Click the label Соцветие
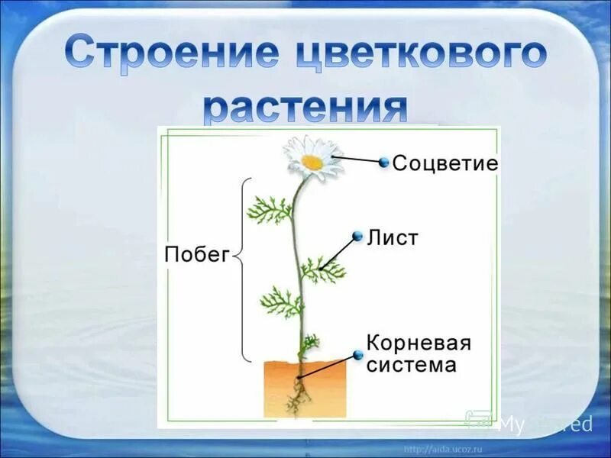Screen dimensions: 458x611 point(445,163)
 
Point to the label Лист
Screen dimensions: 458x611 point(393,237)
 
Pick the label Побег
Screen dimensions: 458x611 point(196,256)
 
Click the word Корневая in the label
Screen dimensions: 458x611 point(419,342)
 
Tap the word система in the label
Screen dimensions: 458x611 point(412,365)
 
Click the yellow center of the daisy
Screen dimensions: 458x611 point(312,162)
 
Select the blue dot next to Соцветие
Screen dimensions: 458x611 point(383,162)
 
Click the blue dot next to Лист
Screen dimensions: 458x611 point(357,236)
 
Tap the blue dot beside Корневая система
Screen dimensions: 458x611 point(357,355)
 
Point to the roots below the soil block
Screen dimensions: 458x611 point(297,398)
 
